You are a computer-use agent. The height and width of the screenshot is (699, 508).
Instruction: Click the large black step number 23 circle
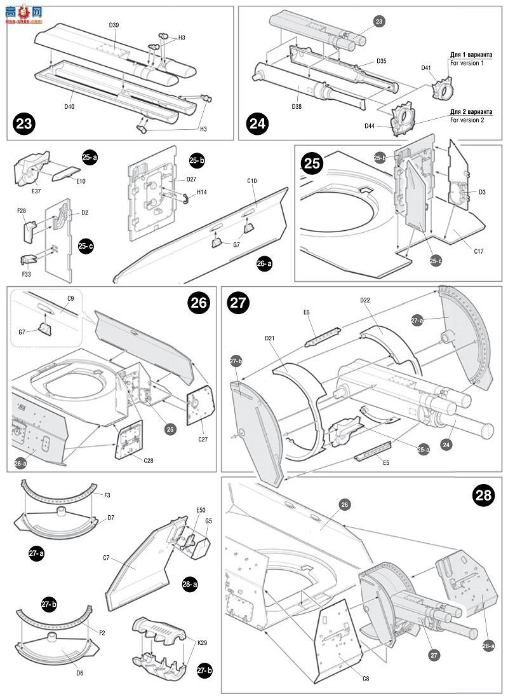click(x=25, y=123)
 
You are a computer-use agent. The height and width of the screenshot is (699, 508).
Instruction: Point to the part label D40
click(x=69, y=106)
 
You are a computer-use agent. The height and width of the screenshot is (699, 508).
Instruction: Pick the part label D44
click(x=370, y=126)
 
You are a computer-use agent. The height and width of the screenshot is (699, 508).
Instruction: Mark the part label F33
click(x=26, y=273)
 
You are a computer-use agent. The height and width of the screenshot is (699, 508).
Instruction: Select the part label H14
click(x=201, y=191)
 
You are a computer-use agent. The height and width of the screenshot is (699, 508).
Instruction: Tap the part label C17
click(x=478, y=251)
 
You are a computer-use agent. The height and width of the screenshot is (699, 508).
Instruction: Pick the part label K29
click(x=202, y=643)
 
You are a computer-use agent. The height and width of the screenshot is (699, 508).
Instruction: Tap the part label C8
click(x=366, y=678)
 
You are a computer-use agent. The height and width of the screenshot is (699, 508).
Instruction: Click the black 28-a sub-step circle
click(x=189, y=583)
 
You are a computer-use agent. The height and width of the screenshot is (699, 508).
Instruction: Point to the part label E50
click(x=201, y=510)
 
